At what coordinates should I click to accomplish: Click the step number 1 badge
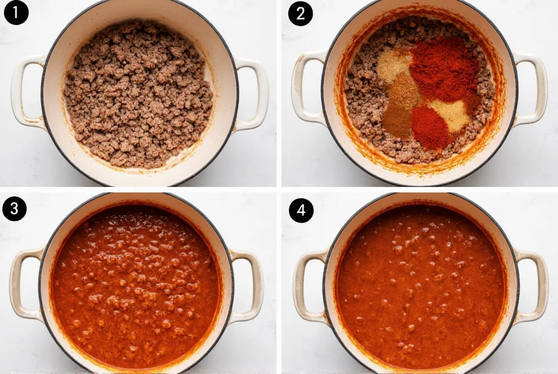(x=16, y=13)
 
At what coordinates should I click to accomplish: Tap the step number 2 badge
(x=301, y=13)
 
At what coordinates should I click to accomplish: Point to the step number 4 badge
(x=301, y=210)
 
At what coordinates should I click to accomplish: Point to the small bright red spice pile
(x=429, y=127)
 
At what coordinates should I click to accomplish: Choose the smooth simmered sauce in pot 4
(x=420, y=287)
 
